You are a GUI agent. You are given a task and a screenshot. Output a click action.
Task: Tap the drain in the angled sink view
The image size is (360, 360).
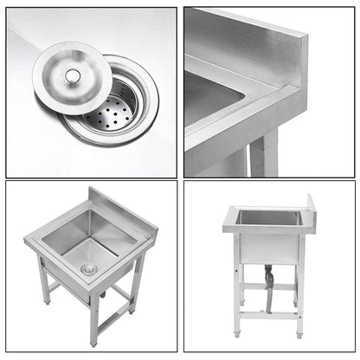pyautogui.click(x=87, y=269)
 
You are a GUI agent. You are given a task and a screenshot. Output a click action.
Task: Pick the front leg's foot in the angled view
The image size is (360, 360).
pyautogui.click(x=93, y=340)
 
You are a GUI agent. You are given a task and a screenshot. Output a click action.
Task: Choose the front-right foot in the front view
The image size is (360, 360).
pyautogui.click(x=299, y=333)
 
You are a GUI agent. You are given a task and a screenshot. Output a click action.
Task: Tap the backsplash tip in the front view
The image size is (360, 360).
pyautogui.click(x=312, y=202)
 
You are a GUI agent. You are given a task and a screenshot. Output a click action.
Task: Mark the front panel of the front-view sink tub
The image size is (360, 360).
pyautogui.click(x=267, y=247)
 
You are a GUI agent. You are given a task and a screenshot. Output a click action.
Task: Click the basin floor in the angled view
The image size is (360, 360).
pyautogui.click(x=95, y=255)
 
